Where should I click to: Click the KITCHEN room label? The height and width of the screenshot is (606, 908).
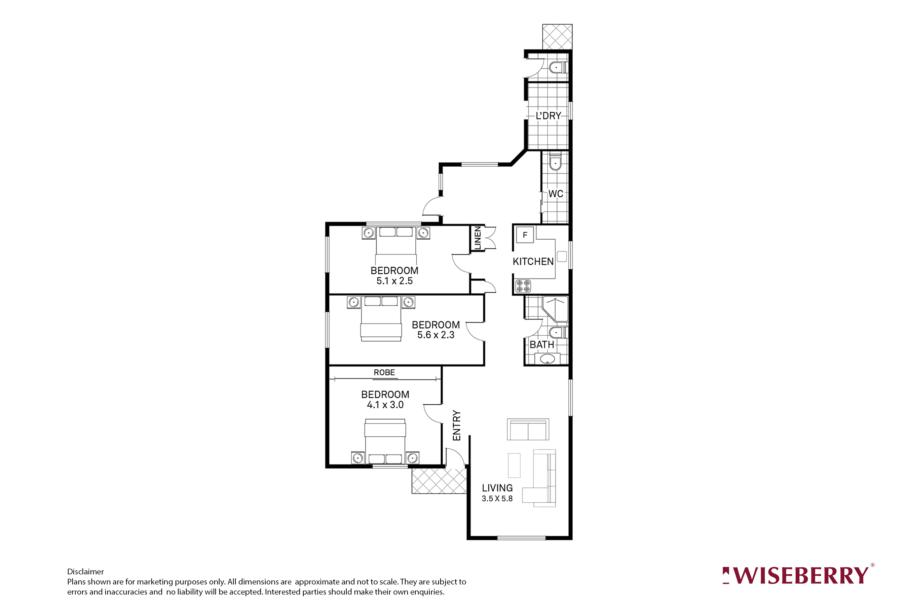pos(533,262)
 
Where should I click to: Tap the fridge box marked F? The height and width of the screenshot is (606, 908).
pos(525,235)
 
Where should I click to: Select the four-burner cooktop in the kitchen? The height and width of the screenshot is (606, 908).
pos(523,286)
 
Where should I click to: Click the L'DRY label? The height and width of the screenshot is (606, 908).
pos(548,115)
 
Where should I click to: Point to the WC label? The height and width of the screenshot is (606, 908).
pos(556,194)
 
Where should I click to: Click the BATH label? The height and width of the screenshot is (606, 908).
pos(542,344)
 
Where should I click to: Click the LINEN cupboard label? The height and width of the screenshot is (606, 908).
pos(478,238)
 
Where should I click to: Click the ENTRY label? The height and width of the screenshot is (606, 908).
pos(457,426)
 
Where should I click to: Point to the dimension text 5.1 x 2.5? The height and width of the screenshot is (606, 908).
pos(394,281)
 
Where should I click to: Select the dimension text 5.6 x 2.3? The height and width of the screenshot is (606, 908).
pos(436,335)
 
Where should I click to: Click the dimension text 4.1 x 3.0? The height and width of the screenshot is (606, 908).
pos(385,405)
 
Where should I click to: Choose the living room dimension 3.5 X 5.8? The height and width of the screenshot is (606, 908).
pos(497,499)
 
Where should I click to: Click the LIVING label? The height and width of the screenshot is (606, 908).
pos(497,488)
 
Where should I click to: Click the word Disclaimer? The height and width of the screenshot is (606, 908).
pos(85,572)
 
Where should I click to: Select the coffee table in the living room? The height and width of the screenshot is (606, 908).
pos(514,465)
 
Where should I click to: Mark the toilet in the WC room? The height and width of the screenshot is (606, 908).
pos(555,163)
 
